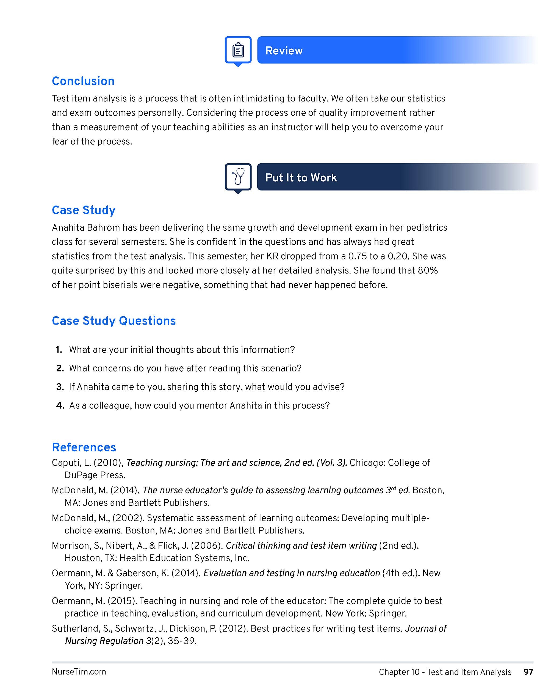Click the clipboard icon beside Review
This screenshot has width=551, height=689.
click(238, 50)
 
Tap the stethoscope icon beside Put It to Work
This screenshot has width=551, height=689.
click(238, 177)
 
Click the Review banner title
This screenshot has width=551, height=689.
click(284, 51)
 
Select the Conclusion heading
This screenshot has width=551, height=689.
click(83, 81)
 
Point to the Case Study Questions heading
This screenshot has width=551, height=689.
click(114, 321)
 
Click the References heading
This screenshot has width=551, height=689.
click(84, 447)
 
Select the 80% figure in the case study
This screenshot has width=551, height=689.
click(428, 271)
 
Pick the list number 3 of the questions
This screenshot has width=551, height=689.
click(60, 387)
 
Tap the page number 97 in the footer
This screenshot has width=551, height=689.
click(528, 672)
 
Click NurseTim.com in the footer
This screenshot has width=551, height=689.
click(79, 672)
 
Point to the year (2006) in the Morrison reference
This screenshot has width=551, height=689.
click(206, 546)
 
